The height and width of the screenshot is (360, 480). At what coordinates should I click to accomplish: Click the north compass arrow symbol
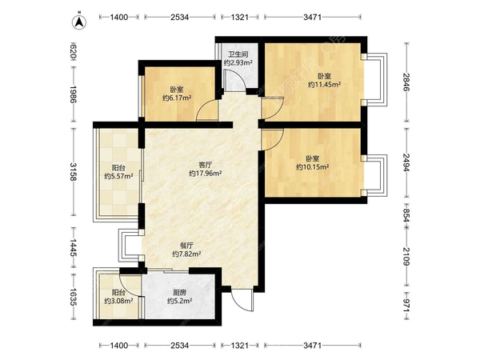[x=79, y=22]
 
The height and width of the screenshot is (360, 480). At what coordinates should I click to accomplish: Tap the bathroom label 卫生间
[x=238, y=54]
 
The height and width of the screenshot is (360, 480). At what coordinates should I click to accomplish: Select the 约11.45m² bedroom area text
[x=325, y=85]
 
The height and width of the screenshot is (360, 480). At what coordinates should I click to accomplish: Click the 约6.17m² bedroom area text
[x=177, y=98]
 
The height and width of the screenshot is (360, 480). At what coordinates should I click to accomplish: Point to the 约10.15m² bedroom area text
[x=313, y=167]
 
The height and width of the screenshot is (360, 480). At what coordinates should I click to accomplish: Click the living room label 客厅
[x=206, y=165]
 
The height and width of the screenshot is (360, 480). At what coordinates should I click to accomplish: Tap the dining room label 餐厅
[x=186, y=246]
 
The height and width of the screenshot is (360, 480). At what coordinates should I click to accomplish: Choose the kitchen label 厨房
[x=180, y=292]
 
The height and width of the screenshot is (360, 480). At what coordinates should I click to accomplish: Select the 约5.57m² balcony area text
[x=118, y=176]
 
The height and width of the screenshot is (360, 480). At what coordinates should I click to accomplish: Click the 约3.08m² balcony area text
[x=118, y=301]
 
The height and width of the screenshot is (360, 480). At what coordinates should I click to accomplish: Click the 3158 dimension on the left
[x=74, y=172]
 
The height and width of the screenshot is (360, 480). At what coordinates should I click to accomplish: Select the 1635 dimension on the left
[x=74, y=297]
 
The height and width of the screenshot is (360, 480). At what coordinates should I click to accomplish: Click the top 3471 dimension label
[x=313, y=17]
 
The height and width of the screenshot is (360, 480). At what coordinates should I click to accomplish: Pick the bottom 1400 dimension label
[x=118, y=346]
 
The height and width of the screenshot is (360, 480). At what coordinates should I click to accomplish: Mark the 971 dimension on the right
[x=406, y=306]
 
